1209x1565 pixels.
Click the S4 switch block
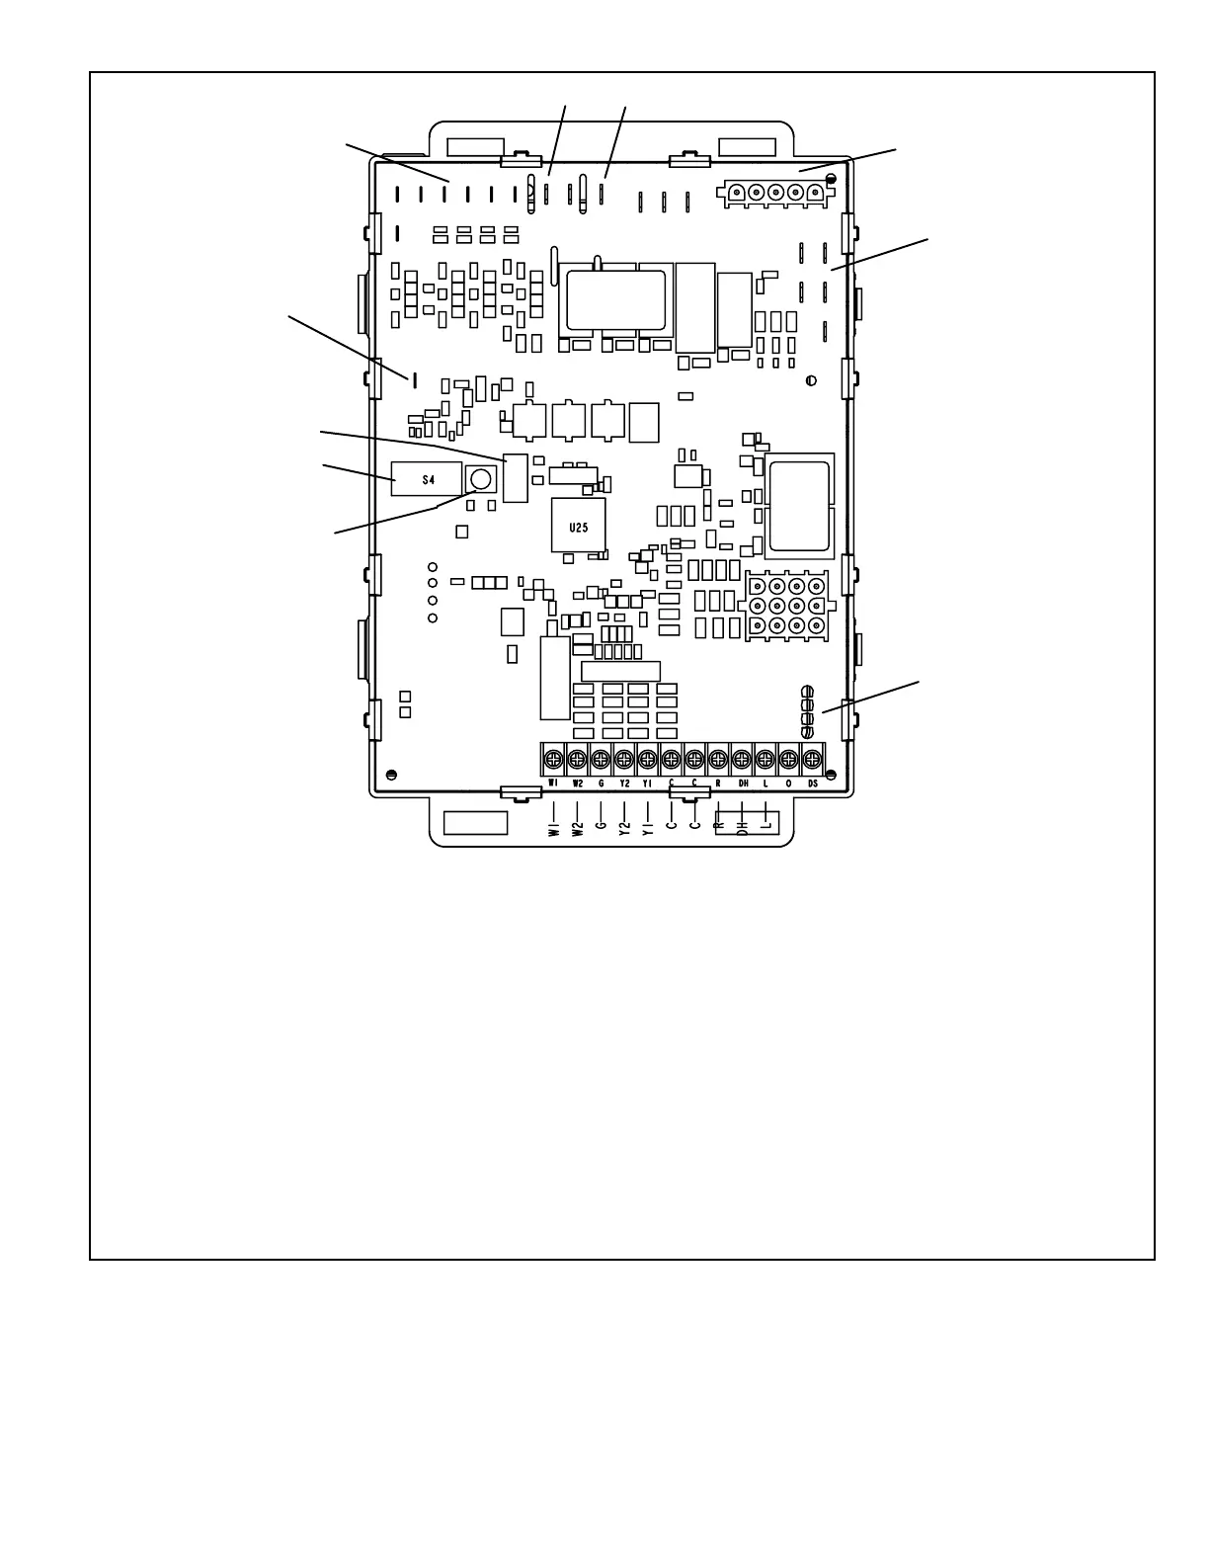[428, 479]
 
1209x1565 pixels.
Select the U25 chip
[578, 526]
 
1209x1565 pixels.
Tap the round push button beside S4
[481, 480]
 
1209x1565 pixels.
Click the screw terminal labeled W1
[553, 759]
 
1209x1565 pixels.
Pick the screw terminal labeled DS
[812, 759]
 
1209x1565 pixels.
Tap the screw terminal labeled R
[718, 759]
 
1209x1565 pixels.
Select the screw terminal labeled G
[601, 759]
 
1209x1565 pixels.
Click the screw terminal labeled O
[788, 759]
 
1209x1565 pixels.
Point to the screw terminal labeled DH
[742, 759]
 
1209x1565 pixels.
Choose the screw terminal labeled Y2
[624, 759]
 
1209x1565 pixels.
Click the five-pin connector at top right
[774, 193]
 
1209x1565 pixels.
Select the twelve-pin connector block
[787, 605]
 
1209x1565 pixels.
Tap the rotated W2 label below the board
[578, 827]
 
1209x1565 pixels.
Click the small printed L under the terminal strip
[766, 783]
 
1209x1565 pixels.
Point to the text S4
[428, 480]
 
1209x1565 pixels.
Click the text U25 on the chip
[578, 528]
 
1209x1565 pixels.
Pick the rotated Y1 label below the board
[648, 827]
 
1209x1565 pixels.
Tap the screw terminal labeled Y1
[648, 759]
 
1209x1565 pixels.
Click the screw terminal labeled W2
[577, 759]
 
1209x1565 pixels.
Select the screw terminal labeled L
[766, 759]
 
